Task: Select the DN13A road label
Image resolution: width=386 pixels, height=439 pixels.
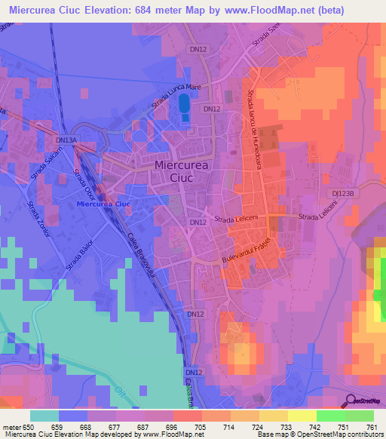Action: pos(66,140)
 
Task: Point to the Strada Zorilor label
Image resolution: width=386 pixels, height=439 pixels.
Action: pos(38,219)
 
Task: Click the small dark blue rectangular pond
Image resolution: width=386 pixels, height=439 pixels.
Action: pos(184,111)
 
